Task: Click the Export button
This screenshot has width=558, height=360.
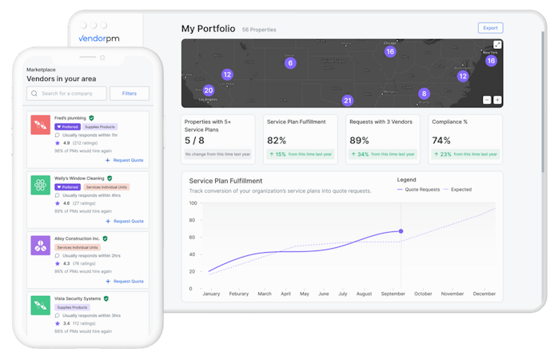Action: tap(490, 28)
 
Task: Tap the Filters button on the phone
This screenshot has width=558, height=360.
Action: tap(130, 94)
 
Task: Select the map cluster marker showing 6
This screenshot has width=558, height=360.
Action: tap(290, 63)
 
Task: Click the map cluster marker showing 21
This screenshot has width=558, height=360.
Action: tap(347, 101)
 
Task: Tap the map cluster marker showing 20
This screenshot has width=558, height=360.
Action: tap(209, 90)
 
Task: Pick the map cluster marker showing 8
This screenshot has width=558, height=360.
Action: tap(424, 94)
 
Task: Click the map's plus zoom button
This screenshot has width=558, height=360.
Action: tap(497, 100)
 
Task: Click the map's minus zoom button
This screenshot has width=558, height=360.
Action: tap(487, 100)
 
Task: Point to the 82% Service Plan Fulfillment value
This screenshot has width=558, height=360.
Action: tap(277, 140)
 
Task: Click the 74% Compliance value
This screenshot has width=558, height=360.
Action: tap(440, 140)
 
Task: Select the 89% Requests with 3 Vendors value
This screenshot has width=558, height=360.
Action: tap(359, 140)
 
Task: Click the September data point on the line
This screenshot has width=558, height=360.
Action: tap(401, 231)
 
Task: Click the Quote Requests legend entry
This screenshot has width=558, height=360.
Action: tap(418, 190)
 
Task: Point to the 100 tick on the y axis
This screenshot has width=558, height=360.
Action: tap(192, 202)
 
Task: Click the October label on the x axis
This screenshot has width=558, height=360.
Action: tap(422, 294)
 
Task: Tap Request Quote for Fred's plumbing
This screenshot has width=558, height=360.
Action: tap(125, 160)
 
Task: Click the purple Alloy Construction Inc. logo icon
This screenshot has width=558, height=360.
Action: tap(41, 245)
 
